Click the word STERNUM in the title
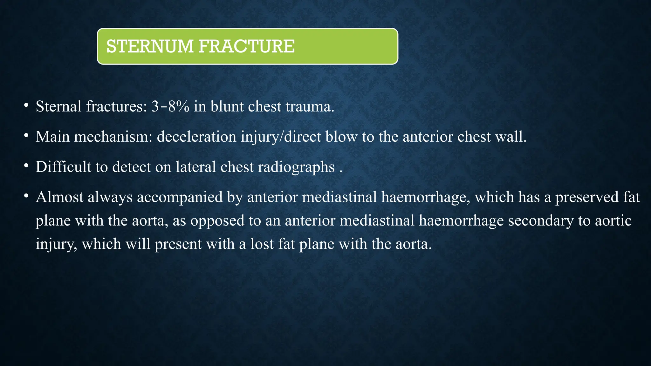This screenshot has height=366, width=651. coord(150,46)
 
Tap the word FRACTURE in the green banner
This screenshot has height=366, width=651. coord(247,46)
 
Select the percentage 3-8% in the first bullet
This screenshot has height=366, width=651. coord(170,106)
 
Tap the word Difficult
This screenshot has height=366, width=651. coord(63,167)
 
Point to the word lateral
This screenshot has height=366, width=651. coord(195,167)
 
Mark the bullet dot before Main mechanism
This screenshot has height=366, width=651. coord(26,135)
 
